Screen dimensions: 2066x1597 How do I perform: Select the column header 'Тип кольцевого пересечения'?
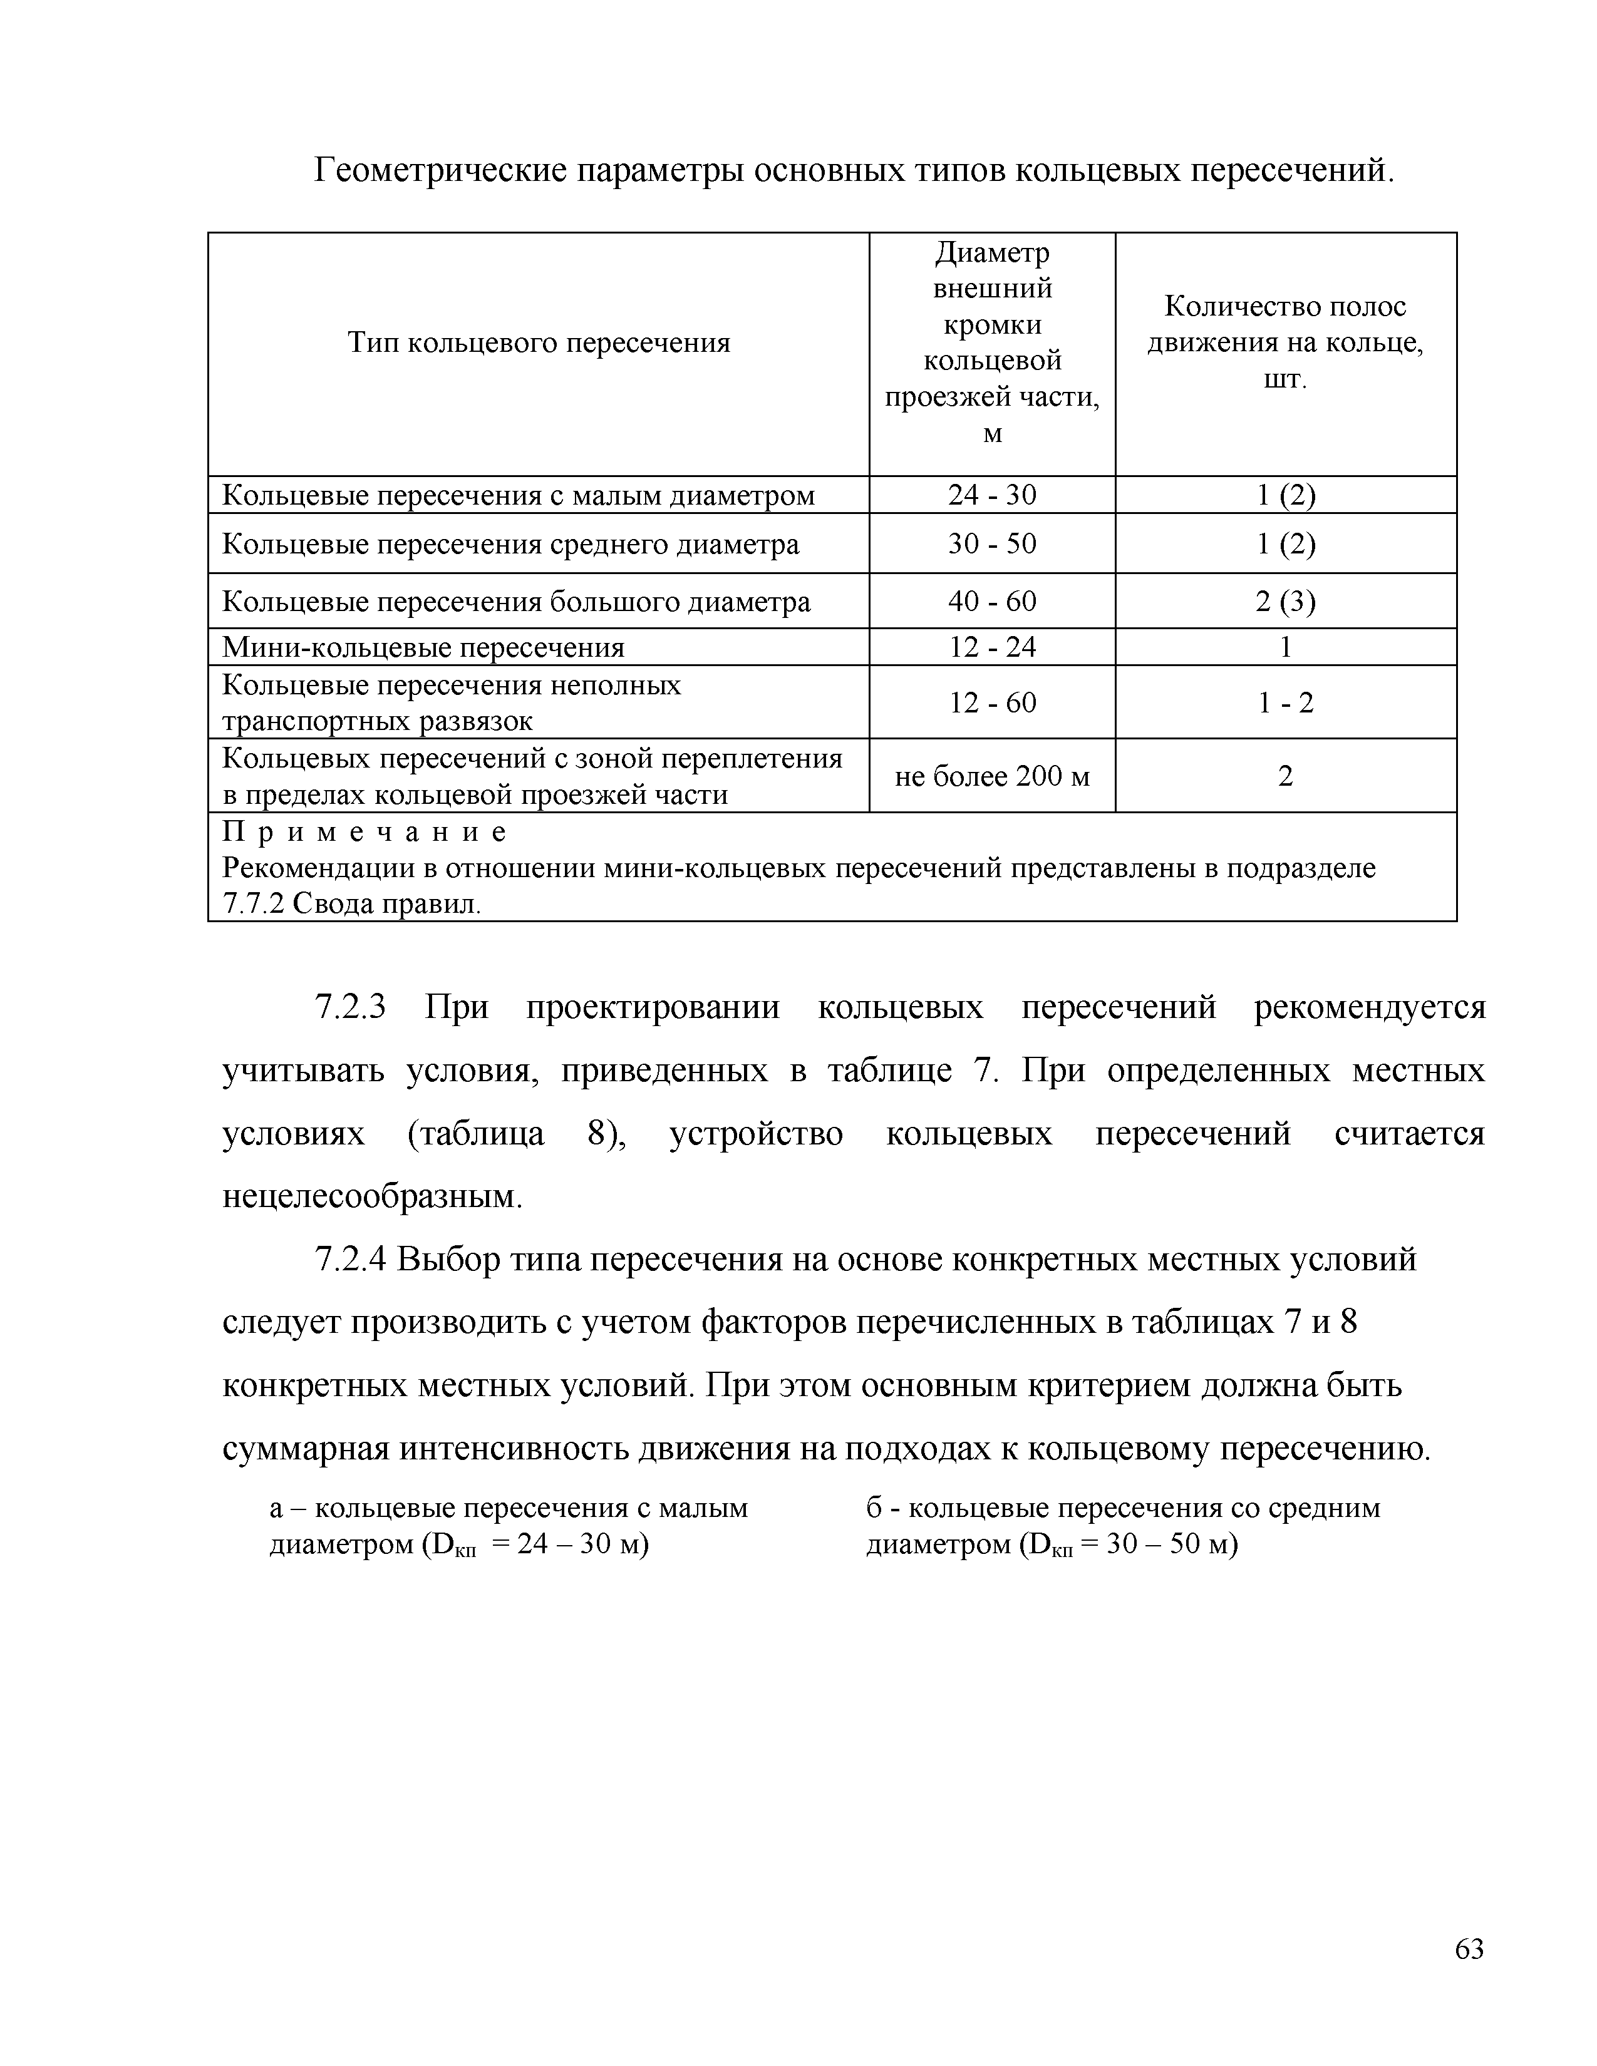click(539, 342)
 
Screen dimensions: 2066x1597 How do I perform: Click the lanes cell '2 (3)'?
click(1284, 602)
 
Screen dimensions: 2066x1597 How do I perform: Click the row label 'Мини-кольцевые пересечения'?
click(423, 648)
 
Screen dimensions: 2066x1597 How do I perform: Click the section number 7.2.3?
click(350, 1007)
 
